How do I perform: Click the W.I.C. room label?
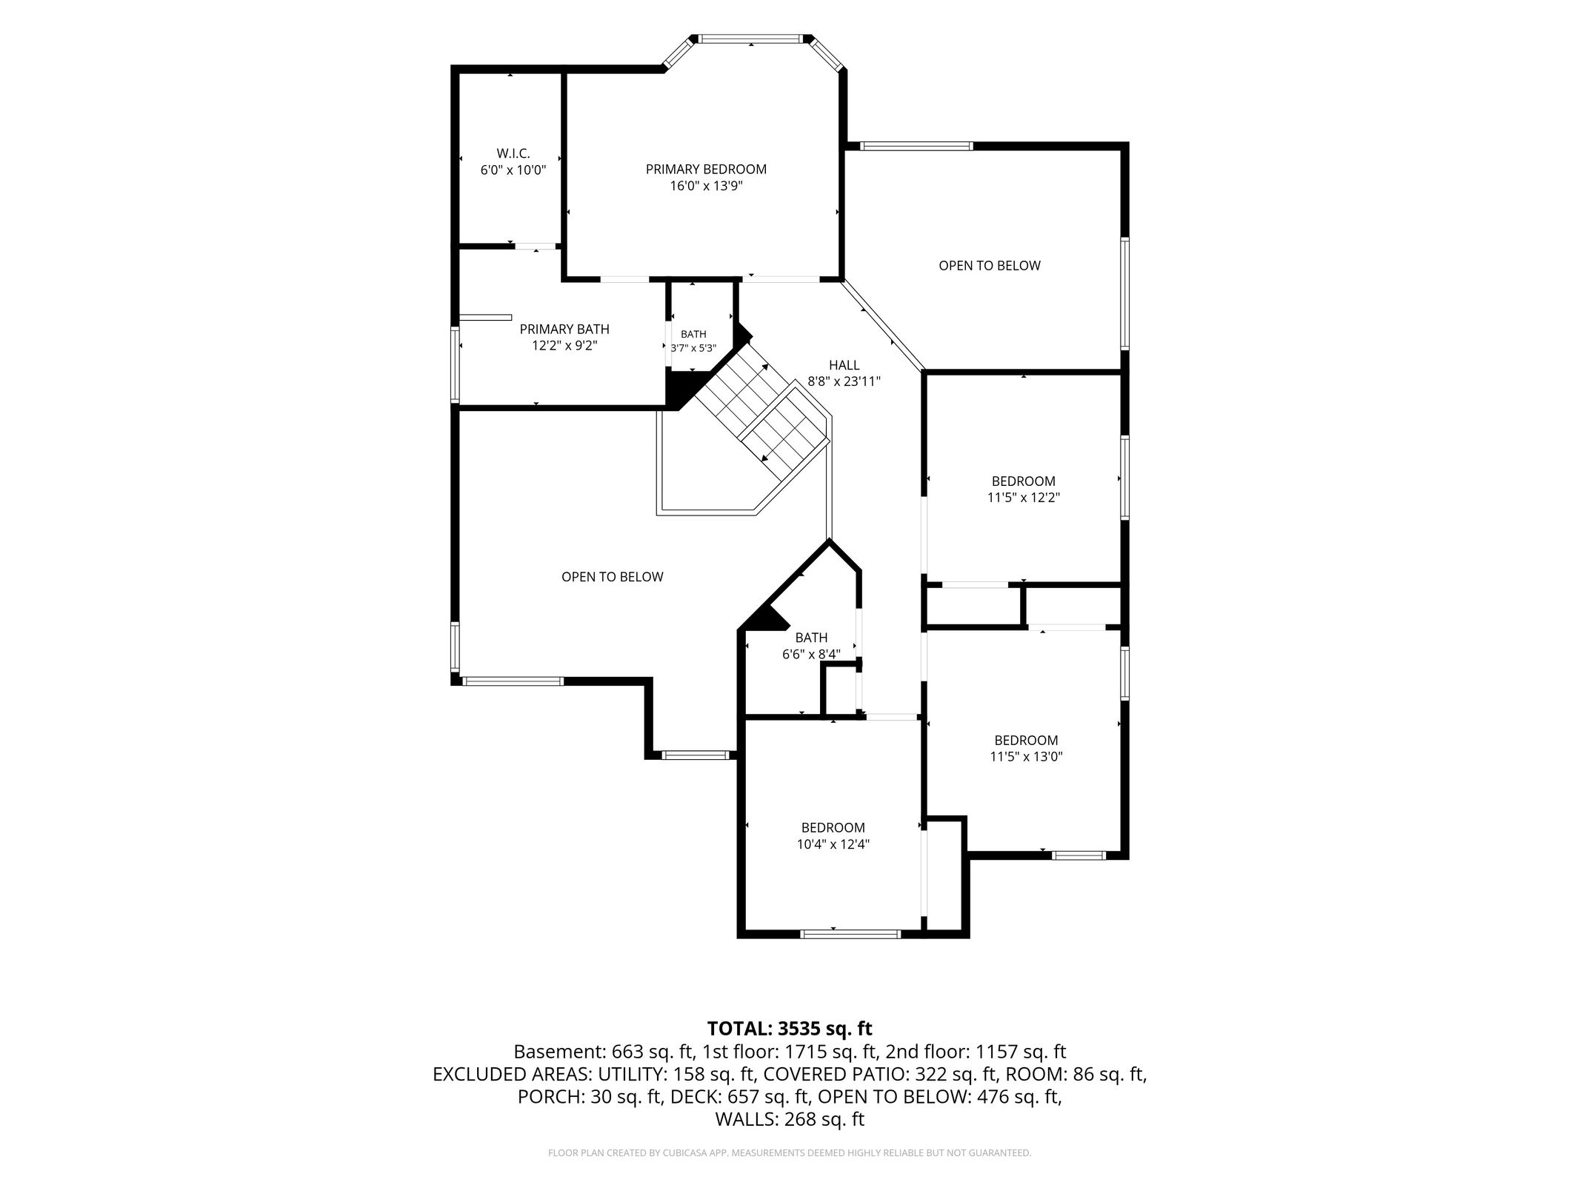[x=513, y=153]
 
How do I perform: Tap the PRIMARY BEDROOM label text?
[x=706, y=170]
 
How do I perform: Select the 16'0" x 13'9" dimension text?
[x=706, y=186]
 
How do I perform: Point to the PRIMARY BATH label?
[x=564, y=330]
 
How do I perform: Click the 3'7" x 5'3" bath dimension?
[x=693, y=348]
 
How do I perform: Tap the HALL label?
[x=844, y=365]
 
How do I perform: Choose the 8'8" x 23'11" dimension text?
[x=844, y=382]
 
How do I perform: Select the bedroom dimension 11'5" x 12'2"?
[x=1024, y=498]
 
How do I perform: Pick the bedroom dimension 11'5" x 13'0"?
[x=1026, y=757]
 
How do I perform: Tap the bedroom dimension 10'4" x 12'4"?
[x=833, y=844]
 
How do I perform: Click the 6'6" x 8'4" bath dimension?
[x=811, y=655]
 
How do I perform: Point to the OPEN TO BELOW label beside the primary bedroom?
[x=990, y=266]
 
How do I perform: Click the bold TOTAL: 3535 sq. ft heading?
[x=790, y=1029]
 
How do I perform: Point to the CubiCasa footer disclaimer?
[x=790, y=1153]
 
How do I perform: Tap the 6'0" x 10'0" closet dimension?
[x=513, y=170]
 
